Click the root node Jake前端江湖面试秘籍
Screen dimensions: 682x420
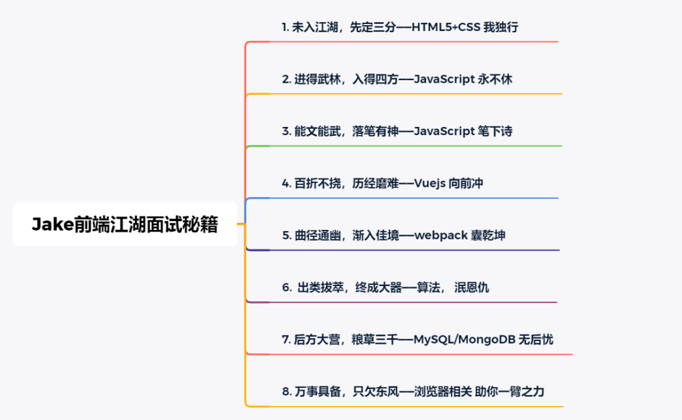tap(125, 224)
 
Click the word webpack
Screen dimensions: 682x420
tap(441, 236)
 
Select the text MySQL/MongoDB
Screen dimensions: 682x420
tap(464, 340)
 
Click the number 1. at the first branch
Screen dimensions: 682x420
tap(285, 27)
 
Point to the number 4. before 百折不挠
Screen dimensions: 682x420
tap(286, 183)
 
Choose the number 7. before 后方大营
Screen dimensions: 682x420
tap(286, 340)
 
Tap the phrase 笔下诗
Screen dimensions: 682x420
tap(496, 131)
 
